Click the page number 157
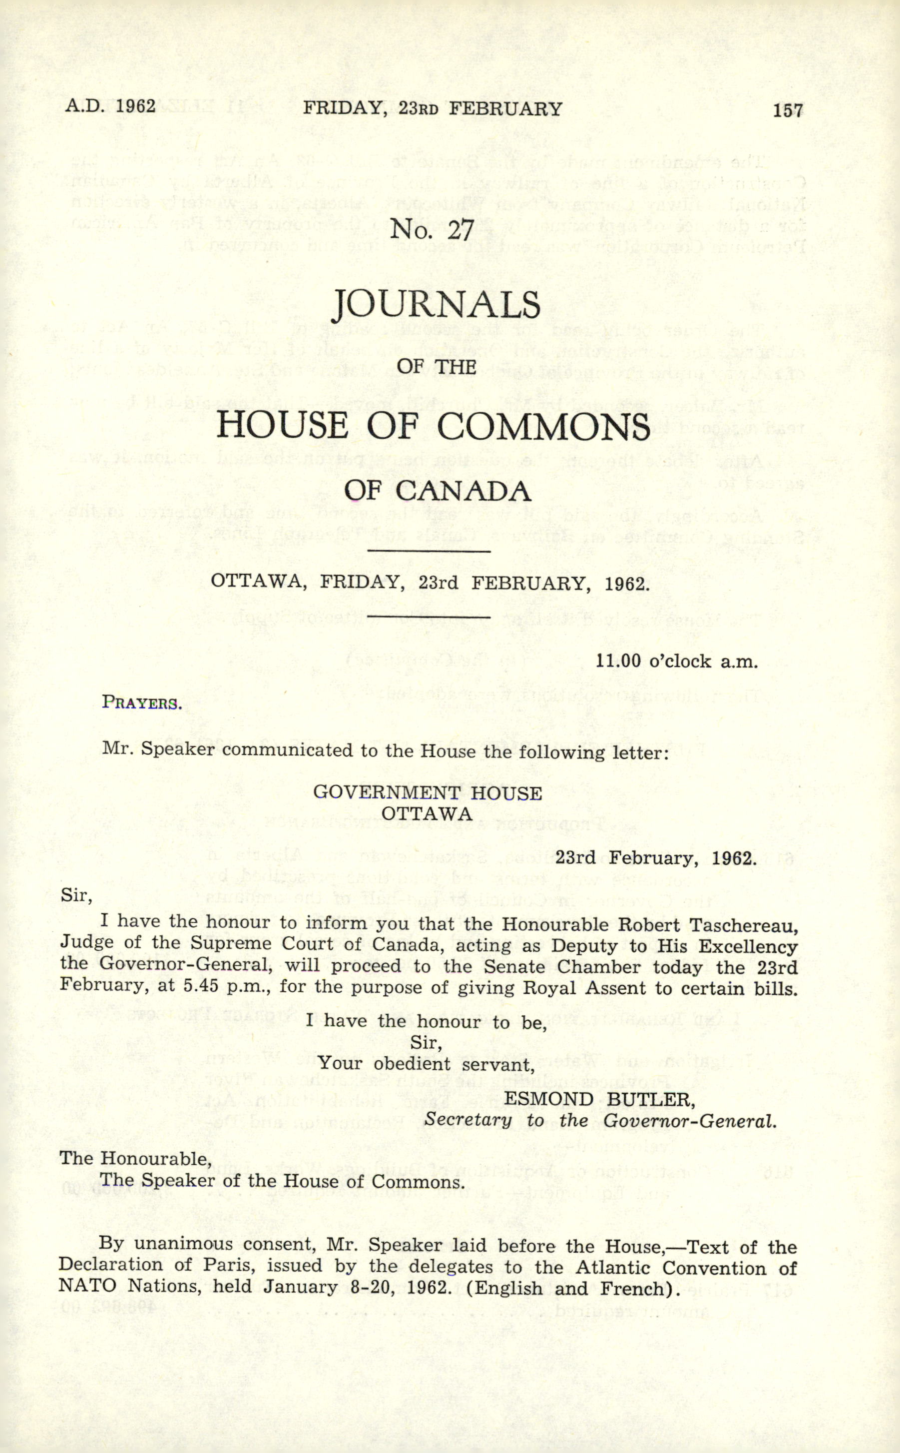pos(788,110)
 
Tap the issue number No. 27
pos(432,229)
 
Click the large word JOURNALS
pos(436,305)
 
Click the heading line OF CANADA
pos(438,491)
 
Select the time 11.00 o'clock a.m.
pos(677,661)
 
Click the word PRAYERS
pos(142,703)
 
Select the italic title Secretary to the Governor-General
pos(600,1120)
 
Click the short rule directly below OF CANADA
pos(429,551)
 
